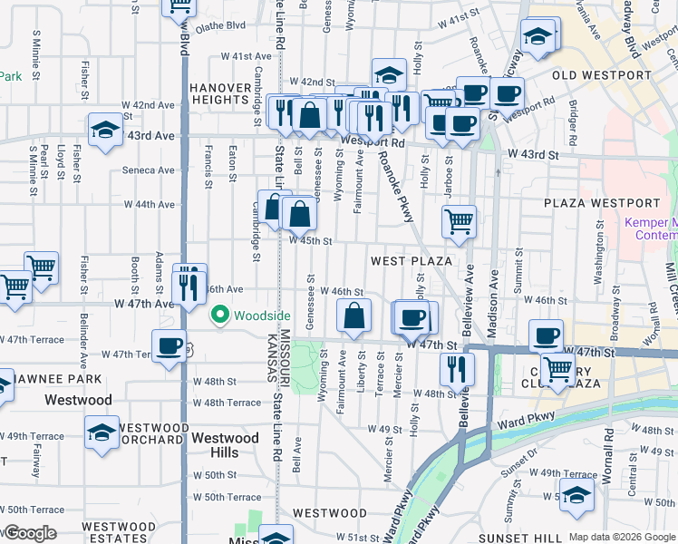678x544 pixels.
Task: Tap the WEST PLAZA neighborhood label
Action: tap(412, 261)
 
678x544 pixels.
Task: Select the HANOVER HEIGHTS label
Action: tap(219, 93)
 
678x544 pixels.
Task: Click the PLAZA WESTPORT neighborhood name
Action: tap(602, 202)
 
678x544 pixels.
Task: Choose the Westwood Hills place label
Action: tap(215, 445)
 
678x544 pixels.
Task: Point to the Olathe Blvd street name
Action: tap(221, 26)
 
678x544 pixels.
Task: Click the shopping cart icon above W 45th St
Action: tap(460, 220)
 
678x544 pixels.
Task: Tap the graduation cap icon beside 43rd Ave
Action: tap(105, 131)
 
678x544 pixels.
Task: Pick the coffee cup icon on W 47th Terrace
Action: tap(169, 347)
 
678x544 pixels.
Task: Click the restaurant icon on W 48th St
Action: tap(456, 369)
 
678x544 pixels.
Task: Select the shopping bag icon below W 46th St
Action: tap(354, 316)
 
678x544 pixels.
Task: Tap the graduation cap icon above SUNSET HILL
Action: tap(576, 496)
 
